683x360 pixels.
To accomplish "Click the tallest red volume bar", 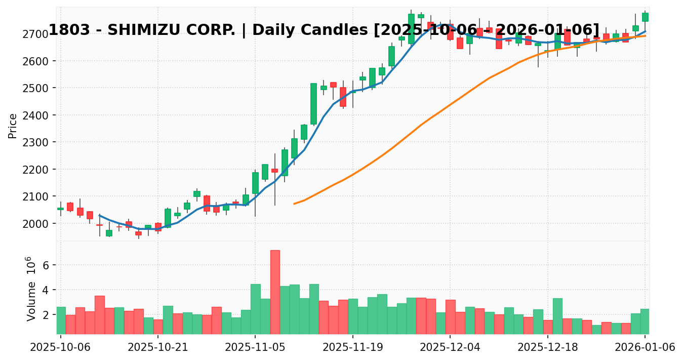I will click(275, 292).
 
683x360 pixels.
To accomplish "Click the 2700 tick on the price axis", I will click(41, 34).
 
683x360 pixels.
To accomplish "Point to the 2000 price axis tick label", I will click(41, 224).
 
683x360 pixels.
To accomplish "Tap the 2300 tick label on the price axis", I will click(41, 143).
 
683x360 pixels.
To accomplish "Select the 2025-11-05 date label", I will click(255, 347).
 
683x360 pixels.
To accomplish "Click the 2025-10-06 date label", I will click(61, 347).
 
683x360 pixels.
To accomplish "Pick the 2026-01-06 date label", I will click(645, 347).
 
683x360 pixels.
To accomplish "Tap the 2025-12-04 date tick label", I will click(450, 347).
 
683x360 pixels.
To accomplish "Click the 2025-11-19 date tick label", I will click(352, 347).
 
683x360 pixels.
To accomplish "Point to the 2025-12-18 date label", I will click(547, 347).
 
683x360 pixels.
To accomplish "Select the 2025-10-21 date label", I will click(158, 347).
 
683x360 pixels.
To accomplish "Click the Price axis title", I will click(13, 126).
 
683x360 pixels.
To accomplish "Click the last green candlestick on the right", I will click(645, 17).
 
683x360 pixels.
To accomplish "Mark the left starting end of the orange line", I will click(294, 204).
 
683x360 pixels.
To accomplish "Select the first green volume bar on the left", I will click(61, 320).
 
